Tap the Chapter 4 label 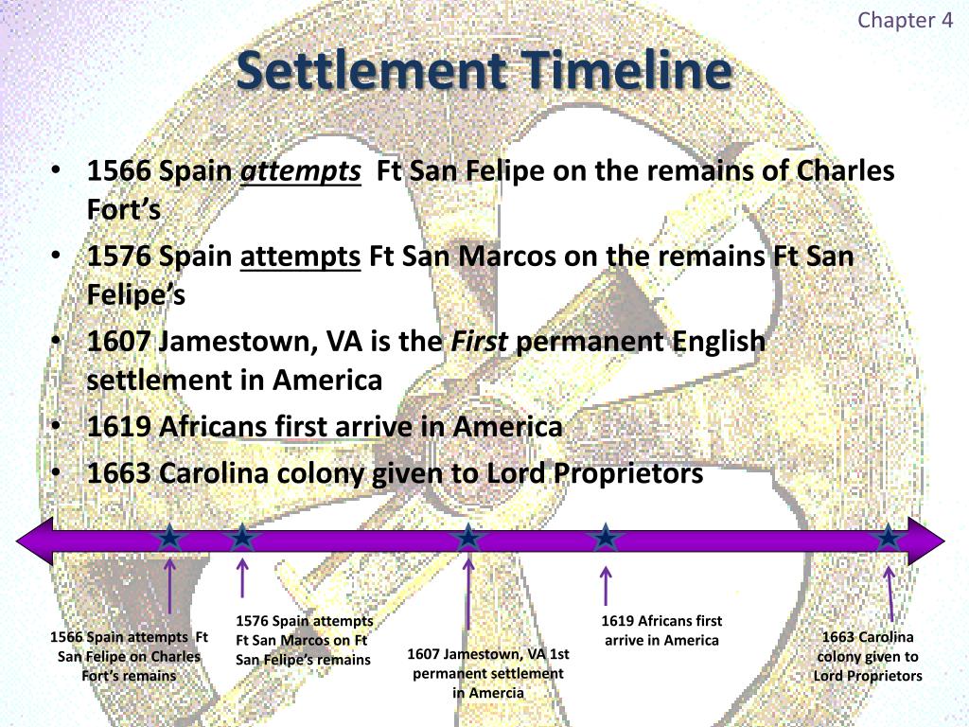[x=905, y=21]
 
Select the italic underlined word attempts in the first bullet [x=301, y=172]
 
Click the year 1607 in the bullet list [x=119, y=341]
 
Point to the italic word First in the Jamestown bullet [x=479, y=341]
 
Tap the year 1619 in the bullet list [x=119, y=427]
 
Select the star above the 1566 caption [x=169, y=538]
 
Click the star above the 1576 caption [x=243, y=538]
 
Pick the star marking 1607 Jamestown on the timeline [x=468, y=538]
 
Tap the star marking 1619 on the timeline [x=605, y=538]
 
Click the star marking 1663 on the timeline [x=889, y=538]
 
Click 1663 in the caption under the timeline [x=838, y=636]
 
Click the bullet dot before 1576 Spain [x=59, y=257]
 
